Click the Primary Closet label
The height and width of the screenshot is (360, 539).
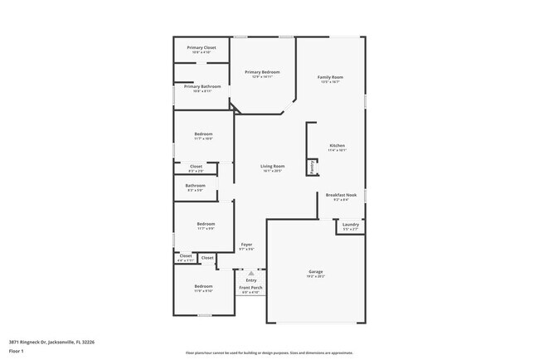201,48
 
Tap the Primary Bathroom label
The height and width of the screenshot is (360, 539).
202,86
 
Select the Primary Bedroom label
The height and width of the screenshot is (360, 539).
262,72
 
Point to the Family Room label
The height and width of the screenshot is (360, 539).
330,77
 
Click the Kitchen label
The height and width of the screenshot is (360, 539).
337,145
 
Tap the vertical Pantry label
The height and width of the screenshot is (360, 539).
313,168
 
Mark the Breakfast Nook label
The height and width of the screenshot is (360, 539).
342,195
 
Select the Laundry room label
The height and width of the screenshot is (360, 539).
350,224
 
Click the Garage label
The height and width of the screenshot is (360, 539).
315,271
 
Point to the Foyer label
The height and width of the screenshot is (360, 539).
246,244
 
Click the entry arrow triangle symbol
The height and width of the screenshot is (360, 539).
251,272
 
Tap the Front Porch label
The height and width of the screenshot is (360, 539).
250,288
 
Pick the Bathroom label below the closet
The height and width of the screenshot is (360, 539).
196,185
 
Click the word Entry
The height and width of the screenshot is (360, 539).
251,280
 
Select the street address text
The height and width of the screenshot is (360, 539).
51,341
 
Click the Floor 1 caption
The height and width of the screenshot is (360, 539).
17,352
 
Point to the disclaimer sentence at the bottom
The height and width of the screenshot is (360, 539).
269,352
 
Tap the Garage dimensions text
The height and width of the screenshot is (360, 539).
315,276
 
